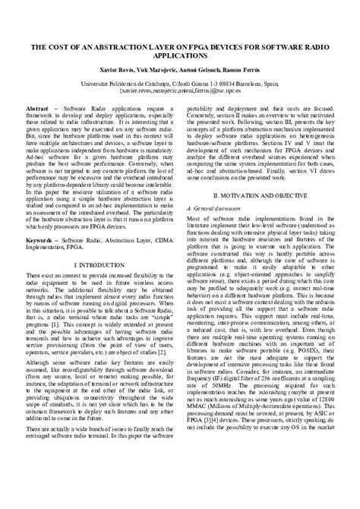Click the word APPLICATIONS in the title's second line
180,55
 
